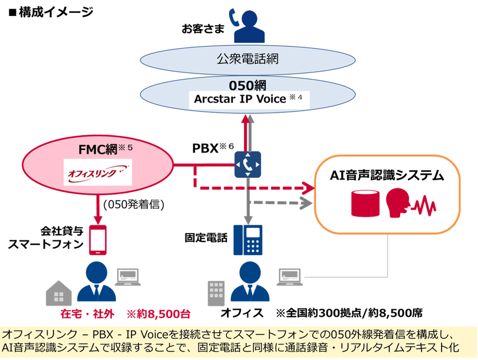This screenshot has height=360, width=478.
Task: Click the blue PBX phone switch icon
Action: click(x=248, y=165)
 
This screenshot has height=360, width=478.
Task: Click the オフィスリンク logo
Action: click(x=98, y=172)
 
